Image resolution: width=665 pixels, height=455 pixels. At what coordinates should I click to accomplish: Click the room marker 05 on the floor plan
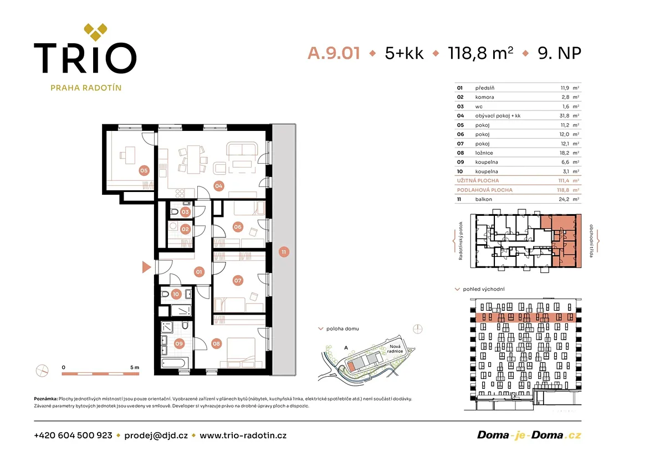[144, 170]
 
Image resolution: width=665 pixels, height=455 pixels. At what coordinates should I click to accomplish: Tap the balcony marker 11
[284, 252]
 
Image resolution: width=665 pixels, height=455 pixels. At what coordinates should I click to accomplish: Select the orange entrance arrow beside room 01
[146, 267]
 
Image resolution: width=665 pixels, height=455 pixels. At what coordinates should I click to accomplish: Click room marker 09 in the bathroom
[179, 344]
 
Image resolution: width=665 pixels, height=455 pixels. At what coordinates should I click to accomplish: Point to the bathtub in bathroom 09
[174, 363]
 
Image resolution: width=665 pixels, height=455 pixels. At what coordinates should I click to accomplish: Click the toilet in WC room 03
[174, 212]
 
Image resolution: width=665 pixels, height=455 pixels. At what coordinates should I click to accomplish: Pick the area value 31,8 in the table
[564, 116]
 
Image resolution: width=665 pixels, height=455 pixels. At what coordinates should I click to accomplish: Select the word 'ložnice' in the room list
[484, 153]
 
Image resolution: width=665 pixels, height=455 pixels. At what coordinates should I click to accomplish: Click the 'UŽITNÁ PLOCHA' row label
[478, 181]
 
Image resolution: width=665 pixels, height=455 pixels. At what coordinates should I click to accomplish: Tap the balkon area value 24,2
[564, 199]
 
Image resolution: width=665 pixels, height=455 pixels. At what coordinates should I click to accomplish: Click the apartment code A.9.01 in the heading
[334, 53]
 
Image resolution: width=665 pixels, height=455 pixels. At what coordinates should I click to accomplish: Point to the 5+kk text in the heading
[404, 53]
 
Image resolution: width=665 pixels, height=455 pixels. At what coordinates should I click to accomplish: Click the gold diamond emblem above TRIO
[95, 32]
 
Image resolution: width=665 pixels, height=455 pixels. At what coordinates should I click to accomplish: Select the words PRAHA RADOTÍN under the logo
[86, 88]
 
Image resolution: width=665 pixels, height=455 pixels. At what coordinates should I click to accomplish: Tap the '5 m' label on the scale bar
[135, 368]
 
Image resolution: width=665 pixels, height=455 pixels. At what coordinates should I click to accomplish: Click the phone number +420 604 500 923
[73, 436]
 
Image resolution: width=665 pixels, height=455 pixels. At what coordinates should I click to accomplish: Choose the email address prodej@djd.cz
[156, 436]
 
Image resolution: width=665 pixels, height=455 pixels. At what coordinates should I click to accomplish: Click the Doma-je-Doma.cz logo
[529, 436]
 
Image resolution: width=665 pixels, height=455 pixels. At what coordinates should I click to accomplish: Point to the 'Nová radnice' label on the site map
[395, 349]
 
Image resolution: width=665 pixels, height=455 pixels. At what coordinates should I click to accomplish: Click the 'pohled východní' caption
[484, 289]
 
